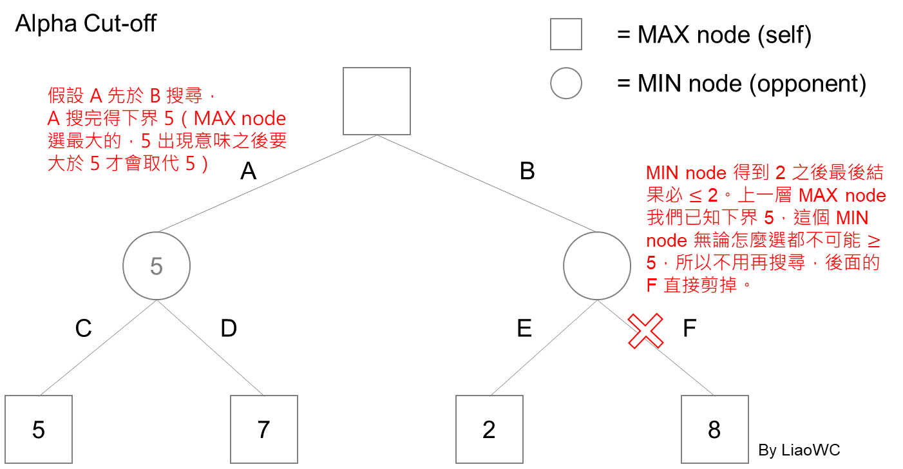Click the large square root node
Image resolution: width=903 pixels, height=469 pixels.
point(376,101)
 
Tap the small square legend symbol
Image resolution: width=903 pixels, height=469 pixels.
point(566,34)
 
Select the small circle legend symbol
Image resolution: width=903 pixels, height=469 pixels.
point(566,83)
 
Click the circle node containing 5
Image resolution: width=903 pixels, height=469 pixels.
point(157,266)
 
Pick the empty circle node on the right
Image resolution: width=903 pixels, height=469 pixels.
point(596,266)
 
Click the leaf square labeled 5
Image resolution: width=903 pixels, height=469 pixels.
point(39,429)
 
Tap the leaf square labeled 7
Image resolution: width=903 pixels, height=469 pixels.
point(264,429)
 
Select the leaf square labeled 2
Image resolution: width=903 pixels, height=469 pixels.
point(490,429)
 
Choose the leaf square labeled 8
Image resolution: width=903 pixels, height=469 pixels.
point(715,429)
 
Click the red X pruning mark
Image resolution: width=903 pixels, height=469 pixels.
point(646,331)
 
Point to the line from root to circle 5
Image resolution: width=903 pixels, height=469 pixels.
point(267,183)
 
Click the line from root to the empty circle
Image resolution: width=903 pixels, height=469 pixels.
point(486,183)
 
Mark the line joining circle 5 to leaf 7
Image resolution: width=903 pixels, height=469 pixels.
point(210,348)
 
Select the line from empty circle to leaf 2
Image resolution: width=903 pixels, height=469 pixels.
point(544,348)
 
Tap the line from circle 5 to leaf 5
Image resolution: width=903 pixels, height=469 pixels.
point(98,348)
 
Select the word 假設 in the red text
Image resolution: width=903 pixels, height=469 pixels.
point(65,97)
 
